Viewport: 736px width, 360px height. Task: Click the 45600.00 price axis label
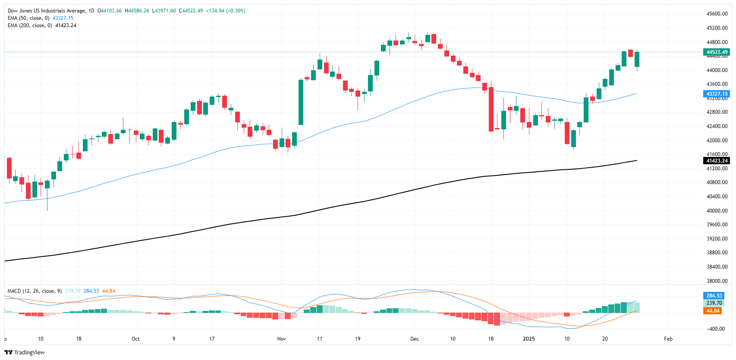point(717,14)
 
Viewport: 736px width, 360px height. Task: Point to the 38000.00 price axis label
point(717,281)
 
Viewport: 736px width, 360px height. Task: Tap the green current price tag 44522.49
point(717,52)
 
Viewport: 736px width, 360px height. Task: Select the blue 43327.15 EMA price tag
point(717,94)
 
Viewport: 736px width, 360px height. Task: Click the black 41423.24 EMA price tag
point(717,161)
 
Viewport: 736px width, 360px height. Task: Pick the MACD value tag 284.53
point(714,296)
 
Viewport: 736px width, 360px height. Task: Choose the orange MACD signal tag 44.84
point(713,311)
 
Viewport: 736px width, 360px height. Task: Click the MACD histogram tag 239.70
point(714,303)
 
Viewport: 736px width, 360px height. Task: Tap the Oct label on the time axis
point(135,339)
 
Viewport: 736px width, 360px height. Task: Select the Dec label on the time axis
point(415,339)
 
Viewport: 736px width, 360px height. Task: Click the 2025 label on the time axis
point(528,339)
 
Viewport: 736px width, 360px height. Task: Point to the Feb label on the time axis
point(668,339)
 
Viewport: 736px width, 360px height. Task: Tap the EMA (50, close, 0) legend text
point(28,18)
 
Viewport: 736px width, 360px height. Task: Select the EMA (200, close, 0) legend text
point(30,25)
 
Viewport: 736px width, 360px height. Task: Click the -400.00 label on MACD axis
point(717,329)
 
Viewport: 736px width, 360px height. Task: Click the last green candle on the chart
point(637,59)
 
